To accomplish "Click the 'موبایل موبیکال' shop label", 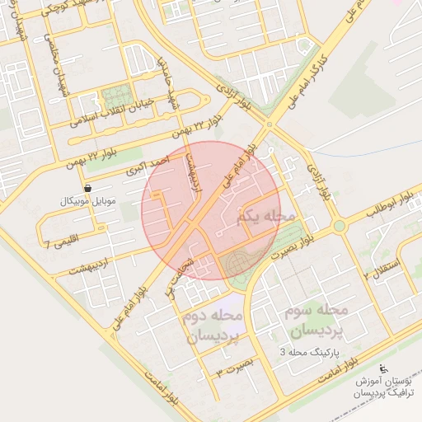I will [88, 200].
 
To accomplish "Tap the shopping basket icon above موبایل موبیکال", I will [87, 189].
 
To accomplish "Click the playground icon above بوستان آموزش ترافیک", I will [382, 368].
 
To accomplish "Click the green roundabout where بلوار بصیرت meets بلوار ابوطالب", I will [339, 225].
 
